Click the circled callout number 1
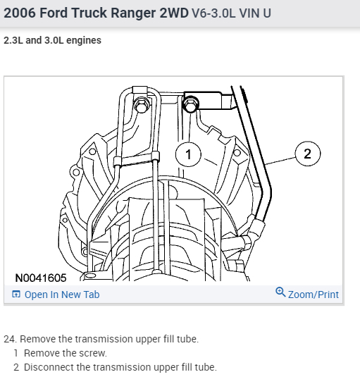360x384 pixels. (188, 154)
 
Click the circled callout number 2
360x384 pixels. (308, 154)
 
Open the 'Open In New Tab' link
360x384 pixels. (62, 295)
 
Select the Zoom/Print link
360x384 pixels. (314, 295)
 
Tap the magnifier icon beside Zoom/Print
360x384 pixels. (280, 292)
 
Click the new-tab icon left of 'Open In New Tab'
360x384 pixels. (16, 294)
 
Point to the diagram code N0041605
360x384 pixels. (41, 278)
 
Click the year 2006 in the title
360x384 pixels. (20, 13)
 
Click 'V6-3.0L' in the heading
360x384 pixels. (213, 13)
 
